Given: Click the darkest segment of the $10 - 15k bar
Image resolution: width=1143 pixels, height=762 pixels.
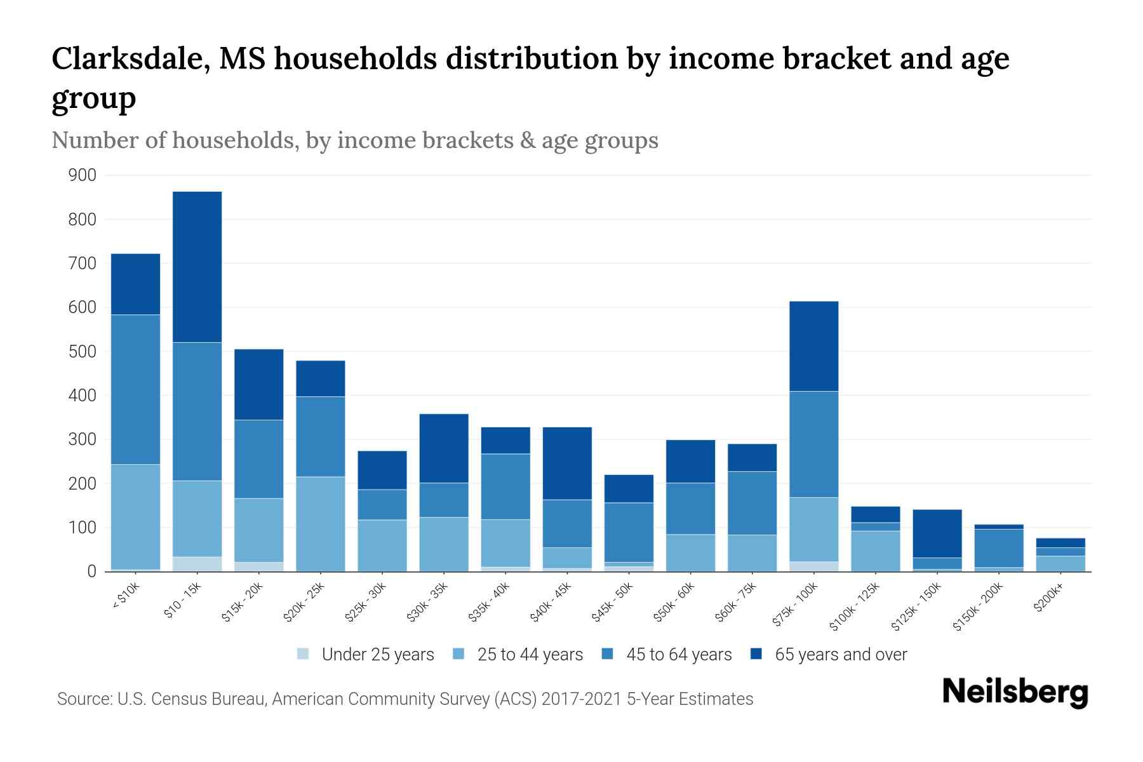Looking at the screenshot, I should tap(197, 267).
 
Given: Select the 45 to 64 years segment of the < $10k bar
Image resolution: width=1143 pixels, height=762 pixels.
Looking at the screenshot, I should tap(135, 389).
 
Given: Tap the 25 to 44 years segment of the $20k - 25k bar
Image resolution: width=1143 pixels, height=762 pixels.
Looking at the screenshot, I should tap(321, 524).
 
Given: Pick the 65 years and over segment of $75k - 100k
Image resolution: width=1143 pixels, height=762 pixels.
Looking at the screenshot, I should tap(813, 346).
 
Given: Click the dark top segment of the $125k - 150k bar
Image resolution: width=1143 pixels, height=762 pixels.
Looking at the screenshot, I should tap(937, 533).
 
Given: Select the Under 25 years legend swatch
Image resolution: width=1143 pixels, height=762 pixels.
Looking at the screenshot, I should tap(304, 654).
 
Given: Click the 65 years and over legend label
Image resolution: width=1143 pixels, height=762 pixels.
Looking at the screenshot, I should tap(841, 655).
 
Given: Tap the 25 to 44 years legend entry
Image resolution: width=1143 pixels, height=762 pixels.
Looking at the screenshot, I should tap(530, 655).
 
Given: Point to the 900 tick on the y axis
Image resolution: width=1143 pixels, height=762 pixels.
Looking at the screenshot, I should tap(83, 175).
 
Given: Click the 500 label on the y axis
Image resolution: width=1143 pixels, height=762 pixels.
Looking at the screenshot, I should tap(83, 351).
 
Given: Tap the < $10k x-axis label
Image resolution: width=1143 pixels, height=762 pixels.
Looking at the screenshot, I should tap(125, 598).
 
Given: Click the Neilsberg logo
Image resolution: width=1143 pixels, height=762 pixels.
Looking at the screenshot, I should tap(1015, 692).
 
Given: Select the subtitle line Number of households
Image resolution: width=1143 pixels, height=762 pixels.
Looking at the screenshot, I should tap(354, 140).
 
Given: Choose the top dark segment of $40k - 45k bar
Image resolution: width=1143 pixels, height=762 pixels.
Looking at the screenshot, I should tap(567, 464).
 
